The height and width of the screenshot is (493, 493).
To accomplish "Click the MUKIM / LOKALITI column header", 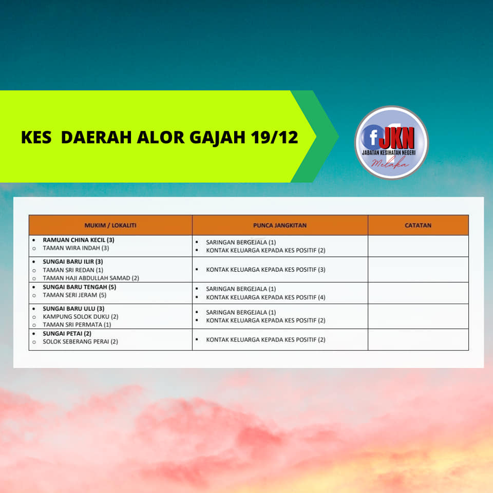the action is (110, 225).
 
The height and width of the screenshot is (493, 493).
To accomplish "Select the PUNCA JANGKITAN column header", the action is (280, 225).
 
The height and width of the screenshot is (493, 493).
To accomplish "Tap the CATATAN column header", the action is (418, 225).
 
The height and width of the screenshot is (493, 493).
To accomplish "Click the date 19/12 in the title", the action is (274, 138).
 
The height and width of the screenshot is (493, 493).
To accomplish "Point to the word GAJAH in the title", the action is (217, 138).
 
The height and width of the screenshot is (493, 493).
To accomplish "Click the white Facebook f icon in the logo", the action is (373, 138).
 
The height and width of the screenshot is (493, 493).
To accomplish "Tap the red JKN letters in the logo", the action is (397, 138).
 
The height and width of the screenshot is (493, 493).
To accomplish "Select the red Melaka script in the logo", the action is (390, 163).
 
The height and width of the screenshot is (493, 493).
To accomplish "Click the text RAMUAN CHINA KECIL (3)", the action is (79, 240).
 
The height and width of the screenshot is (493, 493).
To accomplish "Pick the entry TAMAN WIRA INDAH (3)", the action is (76, 248).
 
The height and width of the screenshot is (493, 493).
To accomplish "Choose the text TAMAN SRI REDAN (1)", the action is (73, 270).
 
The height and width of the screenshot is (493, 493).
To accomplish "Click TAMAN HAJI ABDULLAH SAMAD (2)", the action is (91, 278).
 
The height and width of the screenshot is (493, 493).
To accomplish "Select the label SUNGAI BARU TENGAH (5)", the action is (80, 287).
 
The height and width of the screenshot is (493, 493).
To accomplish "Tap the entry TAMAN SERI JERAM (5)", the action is (74, 295).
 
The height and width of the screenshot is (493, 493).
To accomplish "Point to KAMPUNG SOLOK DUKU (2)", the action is (81, 317).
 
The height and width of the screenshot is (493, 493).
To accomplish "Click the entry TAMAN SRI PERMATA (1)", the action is (77, 325).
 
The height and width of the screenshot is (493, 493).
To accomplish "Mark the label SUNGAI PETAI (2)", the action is (67, 334).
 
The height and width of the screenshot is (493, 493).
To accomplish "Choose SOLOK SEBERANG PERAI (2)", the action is (81, 342).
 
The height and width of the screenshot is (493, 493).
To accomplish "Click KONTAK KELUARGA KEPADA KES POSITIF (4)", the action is (266, 297).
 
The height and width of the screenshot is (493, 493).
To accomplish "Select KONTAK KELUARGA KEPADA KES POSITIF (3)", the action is (266, 270).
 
